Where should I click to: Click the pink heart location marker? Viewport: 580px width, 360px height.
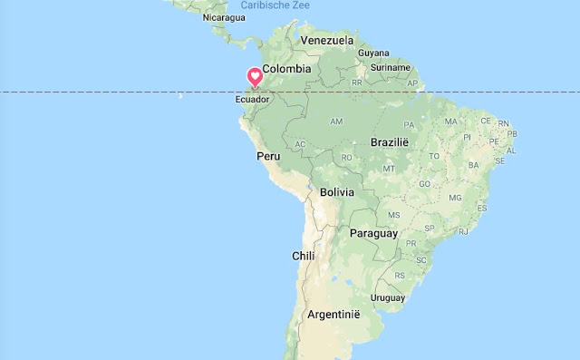point(256,78)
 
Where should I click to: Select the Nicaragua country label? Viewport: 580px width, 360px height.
point(225,17)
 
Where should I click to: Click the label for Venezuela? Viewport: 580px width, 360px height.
point(327,41)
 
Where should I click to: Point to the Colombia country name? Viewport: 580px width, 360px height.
point(286,68)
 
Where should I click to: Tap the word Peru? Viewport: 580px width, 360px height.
point(268,156)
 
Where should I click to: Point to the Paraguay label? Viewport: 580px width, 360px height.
point(373,233)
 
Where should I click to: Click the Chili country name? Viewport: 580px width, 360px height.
point(303,256)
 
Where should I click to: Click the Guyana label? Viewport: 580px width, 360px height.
point(372,54)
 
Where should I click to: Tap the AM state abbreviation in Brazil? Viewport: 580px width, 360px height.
point(336,121)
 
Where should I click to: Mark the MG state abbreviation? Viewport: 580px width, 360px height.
point(456,197)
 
